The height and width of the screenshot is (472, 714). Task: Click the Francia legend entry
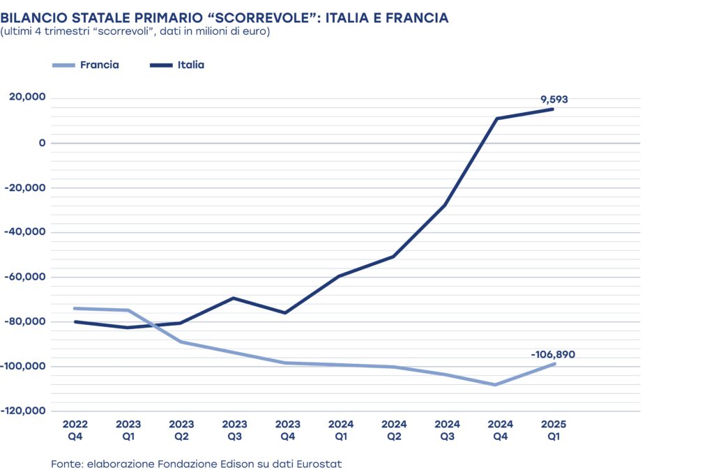(99, 65)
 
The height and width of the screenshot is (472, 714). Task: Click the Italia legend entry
(190, 65)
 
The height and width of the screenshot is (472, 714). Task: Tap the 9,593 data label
(554, 100)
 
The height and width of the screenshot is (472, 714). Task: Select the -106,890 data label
(553, 355)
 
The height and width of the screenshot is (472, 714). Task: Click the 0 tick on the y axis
(42, 143)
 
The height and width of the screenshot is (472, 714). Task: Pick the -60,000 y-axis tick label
(26, 277)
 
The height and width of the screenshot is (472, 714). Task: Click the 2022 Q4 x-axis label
(75, 430)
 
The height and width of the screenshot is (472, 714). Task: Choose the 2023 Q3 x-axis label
(235, 430)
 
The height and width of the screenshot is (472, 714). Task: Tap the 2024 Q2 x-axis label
(394, 430)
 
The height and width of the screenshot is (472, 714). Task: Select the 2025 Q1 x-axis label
(554, 430)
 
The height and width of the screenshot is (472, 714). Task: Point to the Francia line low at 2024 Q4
(495, 384)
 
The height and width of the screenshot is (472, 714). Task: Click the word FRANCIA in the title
(415, 17)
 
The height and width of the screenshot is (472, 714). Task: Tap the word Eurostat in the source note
(319, 464)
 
